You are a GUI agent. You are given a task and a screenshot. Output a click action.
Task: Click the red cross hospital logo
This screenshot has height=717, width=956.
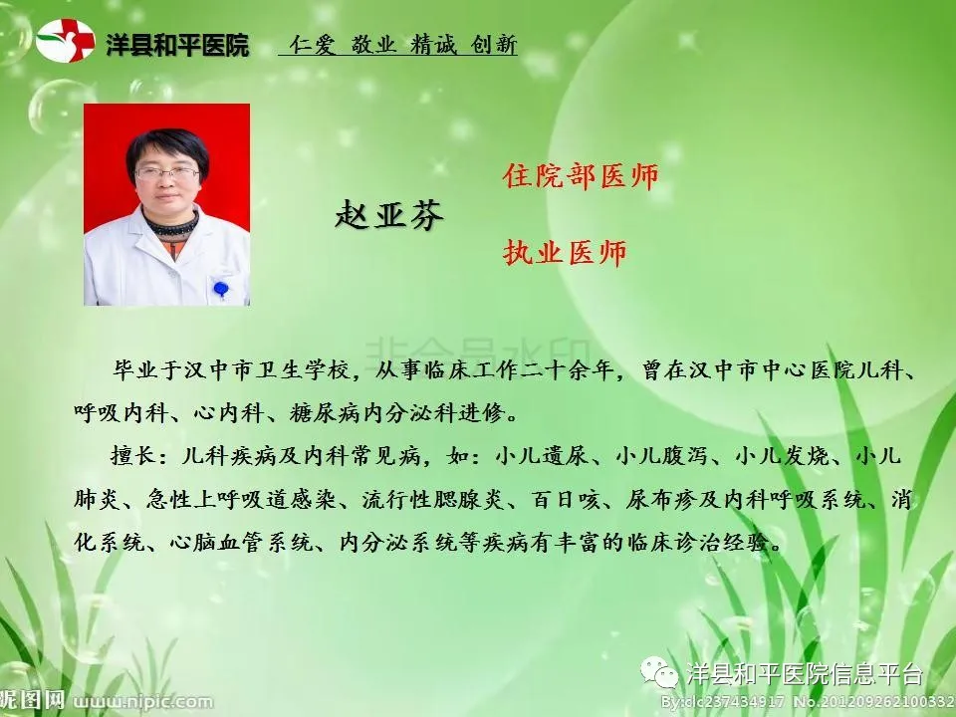(66, 41)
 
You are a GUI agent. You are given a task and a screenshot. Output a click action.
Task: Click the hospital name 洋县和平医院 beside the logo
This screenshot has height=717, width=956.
(177, 45)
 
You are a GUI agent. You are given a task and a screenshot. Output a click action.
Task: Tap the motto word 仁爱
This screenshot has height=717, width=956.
(313, 44)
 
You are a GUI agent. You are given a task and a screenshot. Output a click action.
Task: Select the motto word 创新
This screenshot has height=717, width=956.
(494, 44)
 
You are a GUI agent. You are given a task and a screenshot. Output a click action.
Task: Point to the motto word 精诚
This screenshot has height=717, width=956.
(433, 44)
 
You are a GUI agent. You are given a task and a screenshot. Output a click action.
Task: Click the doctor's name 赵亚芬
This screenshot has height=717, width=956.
(389, 214)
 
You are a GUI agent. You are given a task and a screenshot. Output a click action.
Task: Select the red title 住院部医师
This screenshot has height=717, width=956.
(581, 176)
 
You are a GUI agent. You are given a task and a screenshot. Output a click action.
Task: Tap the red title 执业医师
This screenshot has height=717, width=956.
(565, 252)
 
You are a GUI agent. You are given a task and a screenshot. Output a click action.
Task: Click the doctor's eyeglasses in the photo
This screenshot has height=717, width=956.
(167, 173)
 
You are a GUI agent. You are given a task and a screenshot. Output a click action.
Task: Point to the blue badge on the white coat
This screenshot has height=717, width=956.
(221, 288)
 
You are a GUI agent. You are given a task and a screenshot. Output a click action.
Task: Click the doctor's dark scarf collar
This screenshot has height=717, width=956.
(171, 225)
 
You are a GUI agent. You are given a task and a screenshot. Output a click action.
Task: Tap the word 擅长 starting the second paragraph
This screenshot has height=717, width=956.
(133, 455)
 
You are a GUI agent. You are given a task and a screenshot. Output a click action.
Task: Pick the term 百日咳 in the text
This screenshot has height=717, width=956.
(567, 499)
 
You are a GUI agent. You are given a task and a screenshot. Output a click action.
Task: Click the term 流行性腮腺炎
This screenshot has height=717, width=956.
(432, 499)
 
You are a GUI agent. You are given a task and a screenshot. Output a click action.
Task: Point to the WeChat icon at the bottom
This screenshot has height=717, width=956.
(659, 672)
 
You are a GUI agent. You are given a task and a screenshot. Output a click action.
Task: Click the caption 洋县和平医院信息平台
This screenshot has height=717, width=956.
(805, 674)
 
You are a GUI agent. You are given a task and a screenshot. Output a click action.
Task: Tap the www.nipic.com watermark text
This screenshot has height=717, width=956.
(143, 702)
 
